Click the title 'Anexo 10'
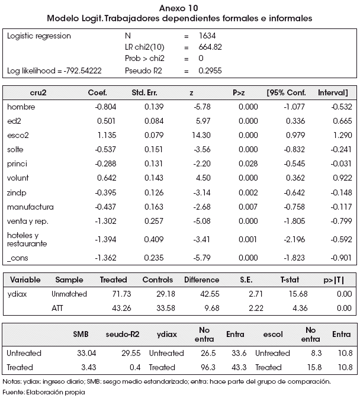(179, 8)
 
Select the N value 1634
(207, 36)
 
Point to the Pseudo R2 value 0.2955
(210, 70)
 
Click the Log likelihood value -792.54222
(82, 70)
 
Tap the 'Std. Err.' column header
(144, 92)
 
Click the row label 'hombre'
(21, 107)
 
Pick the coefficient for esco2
(107, 135)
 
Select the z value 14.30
(201, 135)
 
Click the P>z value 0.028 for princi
(248, 163)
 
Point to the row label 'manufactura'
(30, 207)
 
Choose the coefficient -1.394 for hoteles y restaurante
(105, 239)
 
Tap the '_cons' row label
(18, 258)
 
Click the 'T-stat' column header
(290, 280)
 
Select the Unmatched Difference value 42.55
(210, 294)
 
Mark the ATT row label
(57, 308)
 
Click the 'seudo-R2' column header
(123, 334)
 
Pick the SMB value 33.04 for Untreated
(87, 353)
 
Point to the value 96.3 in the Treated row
(208, 367)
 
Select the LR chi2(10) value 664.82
(210, 47)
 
